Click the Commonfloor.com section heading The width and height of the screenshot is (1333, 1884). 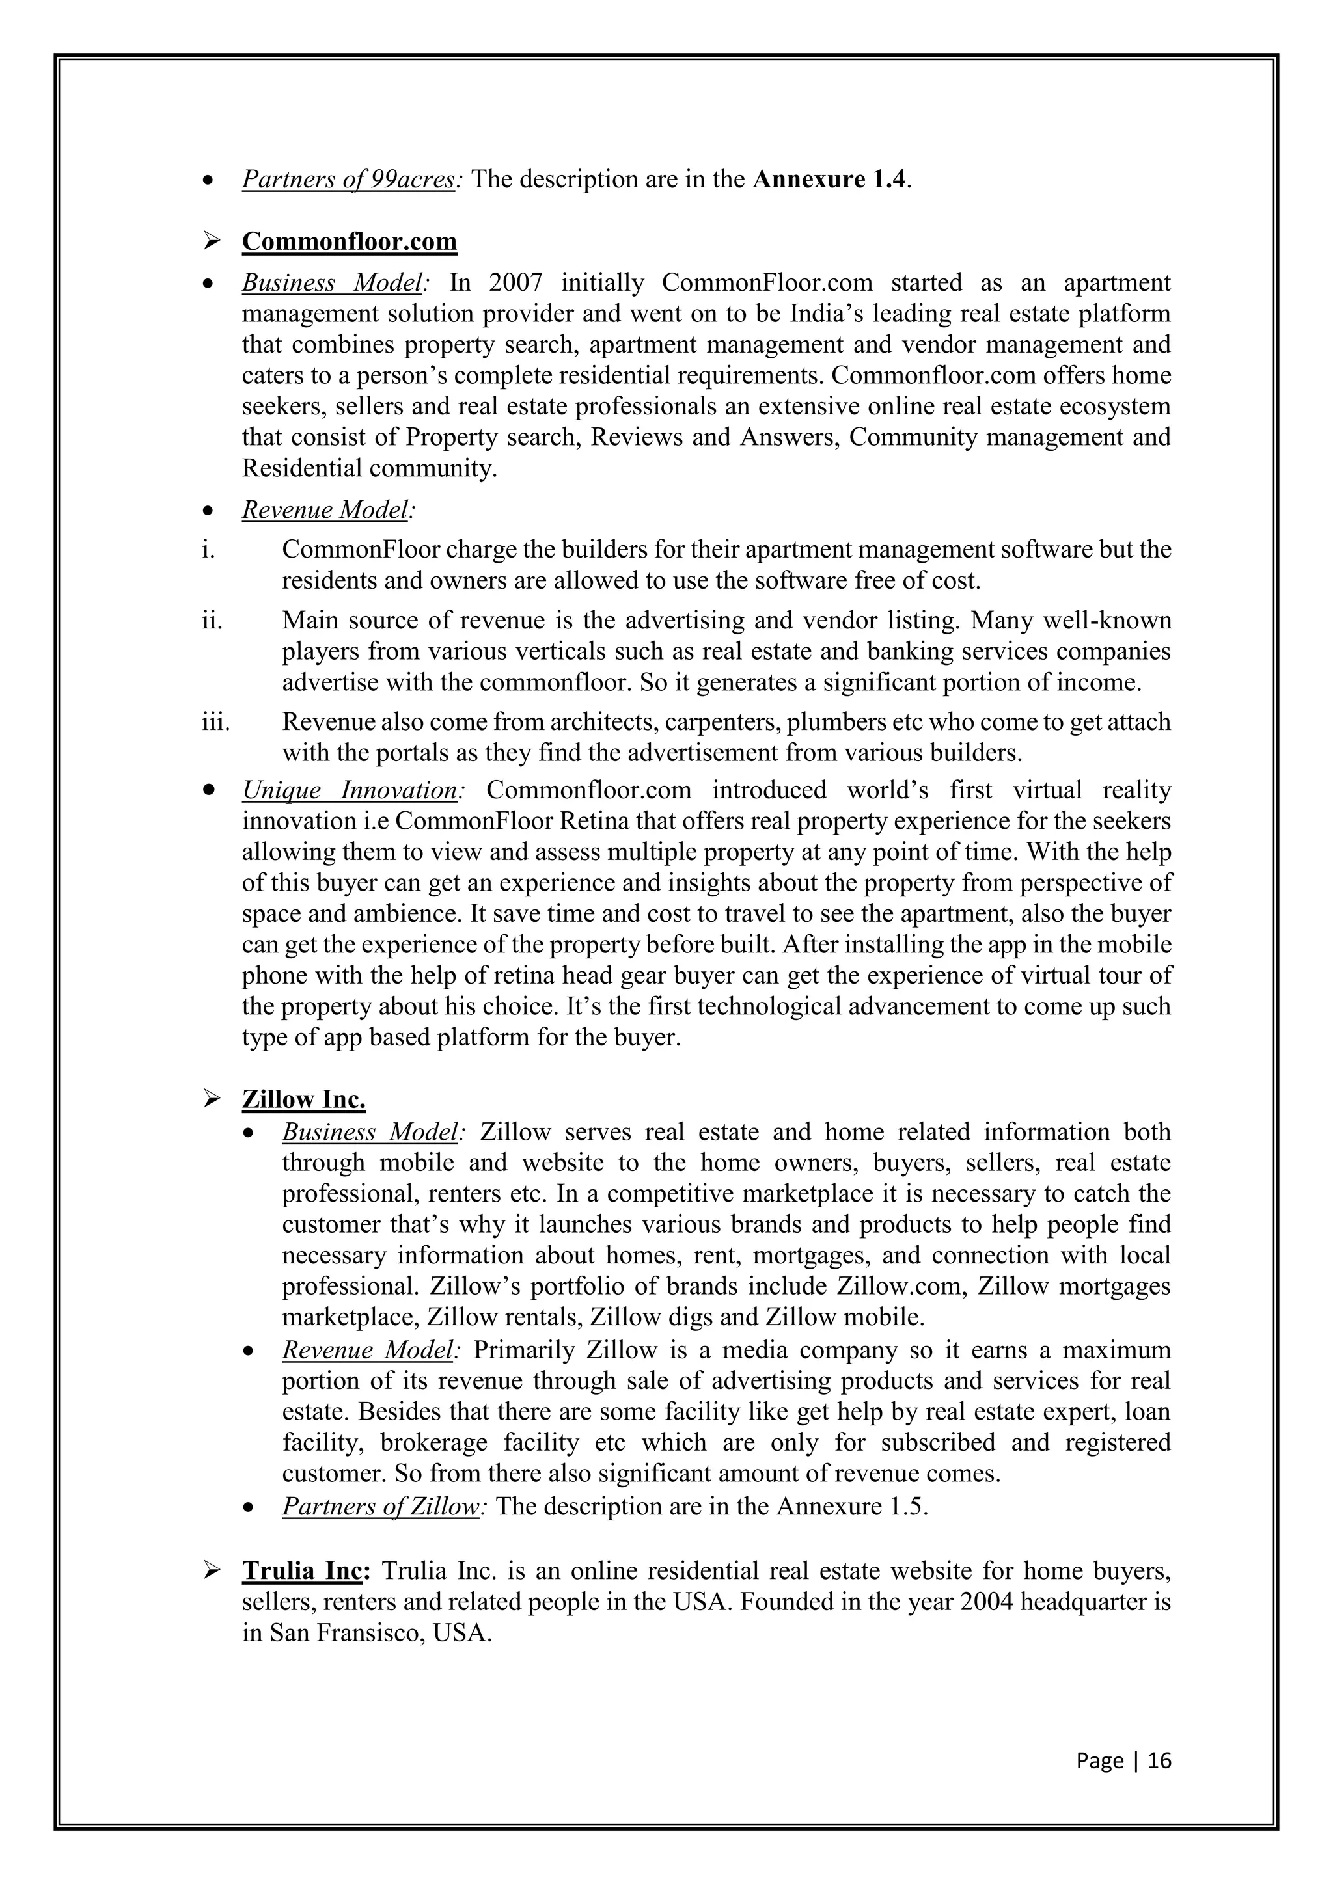click(x=349, y=242)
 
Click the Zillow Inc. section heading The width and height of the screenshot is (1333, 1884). click(x=304, y=1099)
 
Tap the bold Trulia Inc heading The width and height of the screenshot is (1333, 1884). click(x=301, y=1571)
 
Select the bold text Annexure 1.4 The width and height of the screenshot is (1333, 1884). click(x=831, y=179)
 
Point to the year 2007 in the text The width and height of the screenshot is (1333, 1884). click(x=515, y=283)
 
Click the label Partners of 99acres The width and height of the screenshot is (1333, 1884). click(x=348, y=179)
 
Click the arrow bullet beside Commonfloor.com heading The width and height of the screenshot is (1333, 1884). click(x=211, y=242)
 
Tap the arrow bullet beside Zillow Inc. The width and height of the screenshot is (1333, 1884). click(x=211, y=1099)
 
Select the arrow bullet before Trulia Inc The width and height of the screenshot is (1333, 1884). click(x=211, y=1571)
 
